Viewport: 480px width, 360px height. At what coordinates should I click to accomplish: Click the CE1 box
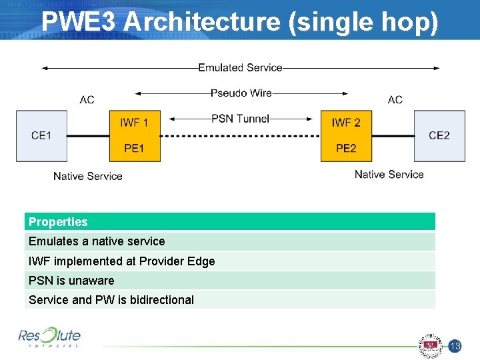click(x=41, y=135)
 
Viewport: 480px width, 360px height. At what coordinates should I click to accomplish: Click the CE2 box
click(x=439, y=135)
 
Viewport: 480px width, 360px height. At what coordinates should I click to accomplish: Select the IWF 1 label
click(x=134, y=123)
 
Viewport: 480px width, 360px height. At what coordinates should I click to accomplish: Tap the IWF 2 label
click(x=346, y=123)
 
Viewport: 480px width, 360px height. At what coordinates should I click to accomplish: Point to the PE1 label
click(x=134, y=148)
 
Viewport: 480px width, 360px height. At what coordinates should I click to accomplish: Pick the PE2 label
click(x=346, y=148)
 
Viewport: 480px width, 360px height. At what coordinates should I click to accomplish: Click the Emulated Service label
click(x=240, y=67)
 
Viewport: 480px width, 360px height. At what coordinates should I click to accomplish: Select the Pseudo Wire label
click(x=241, y=93)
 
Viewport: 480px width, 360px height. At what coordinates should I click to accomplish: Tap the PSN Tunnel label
click(x=240, y=119)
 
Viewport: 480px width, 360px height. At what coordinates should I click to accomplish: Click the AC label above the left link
click(x=87, y=100)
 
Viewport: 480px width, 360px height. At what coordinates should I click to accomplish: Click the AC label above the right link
click(x=395, y=100)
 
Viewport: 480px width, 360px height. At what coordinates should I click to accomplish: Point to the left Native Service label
click(x=88, y=176)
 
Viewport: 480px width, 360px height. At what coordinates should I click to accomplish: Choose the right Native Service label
click(x=389, y=174)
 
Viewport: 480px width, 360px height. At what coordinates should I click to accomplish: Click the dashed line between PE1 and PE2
click(x=240, y=136)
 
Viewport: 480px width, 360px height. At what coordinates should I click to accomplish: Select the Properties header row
click(x=230, y=222)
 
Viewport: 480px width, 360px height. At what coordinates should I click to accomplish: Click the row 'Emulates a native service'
click(x=230, y=241)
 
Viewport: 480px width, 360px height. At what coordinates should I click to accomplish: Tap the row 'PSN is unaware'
click(x=230, y=281)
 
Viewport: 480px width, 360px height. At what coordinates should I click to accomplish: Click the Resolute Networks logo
click(x=49, y=337)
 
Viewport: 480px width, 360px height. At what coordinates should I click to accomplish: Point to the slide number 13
click(x=455, y=346)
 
